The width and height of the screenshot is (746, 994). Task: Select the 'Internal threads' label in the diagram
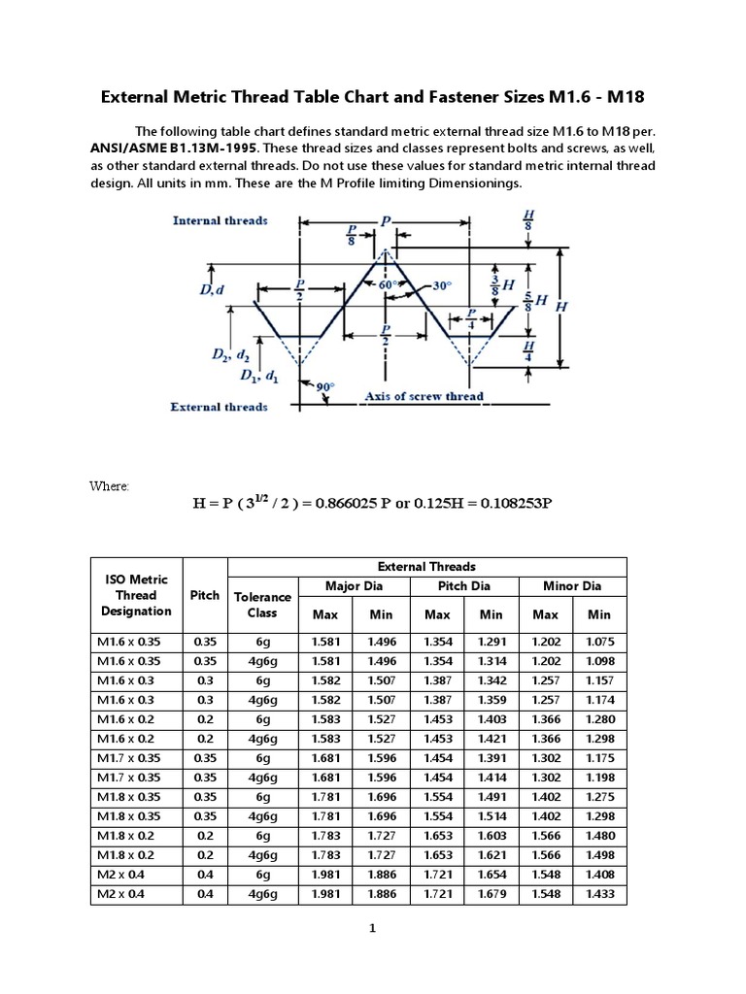point(220,220)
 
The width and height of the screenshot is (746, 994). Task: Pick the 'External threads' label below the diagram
point(219,407)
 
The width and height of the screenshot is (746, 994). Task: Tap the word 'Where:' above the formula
point(109,485)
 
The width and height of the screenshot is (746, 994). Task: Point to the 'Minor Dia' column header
point(572,585)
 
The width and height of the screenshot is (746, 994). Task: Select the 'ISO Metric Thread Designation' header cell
point(136,595)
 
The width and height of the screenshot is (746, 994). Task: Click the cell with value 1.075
point(599,642)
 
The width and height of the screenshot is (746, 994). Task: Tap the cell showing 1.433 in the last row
point(599,893)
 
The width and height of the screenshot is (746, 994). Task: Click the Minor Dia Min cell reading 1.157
point(599,680)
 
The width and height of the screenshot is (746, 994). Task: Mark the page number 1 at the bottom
point(372,928)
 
